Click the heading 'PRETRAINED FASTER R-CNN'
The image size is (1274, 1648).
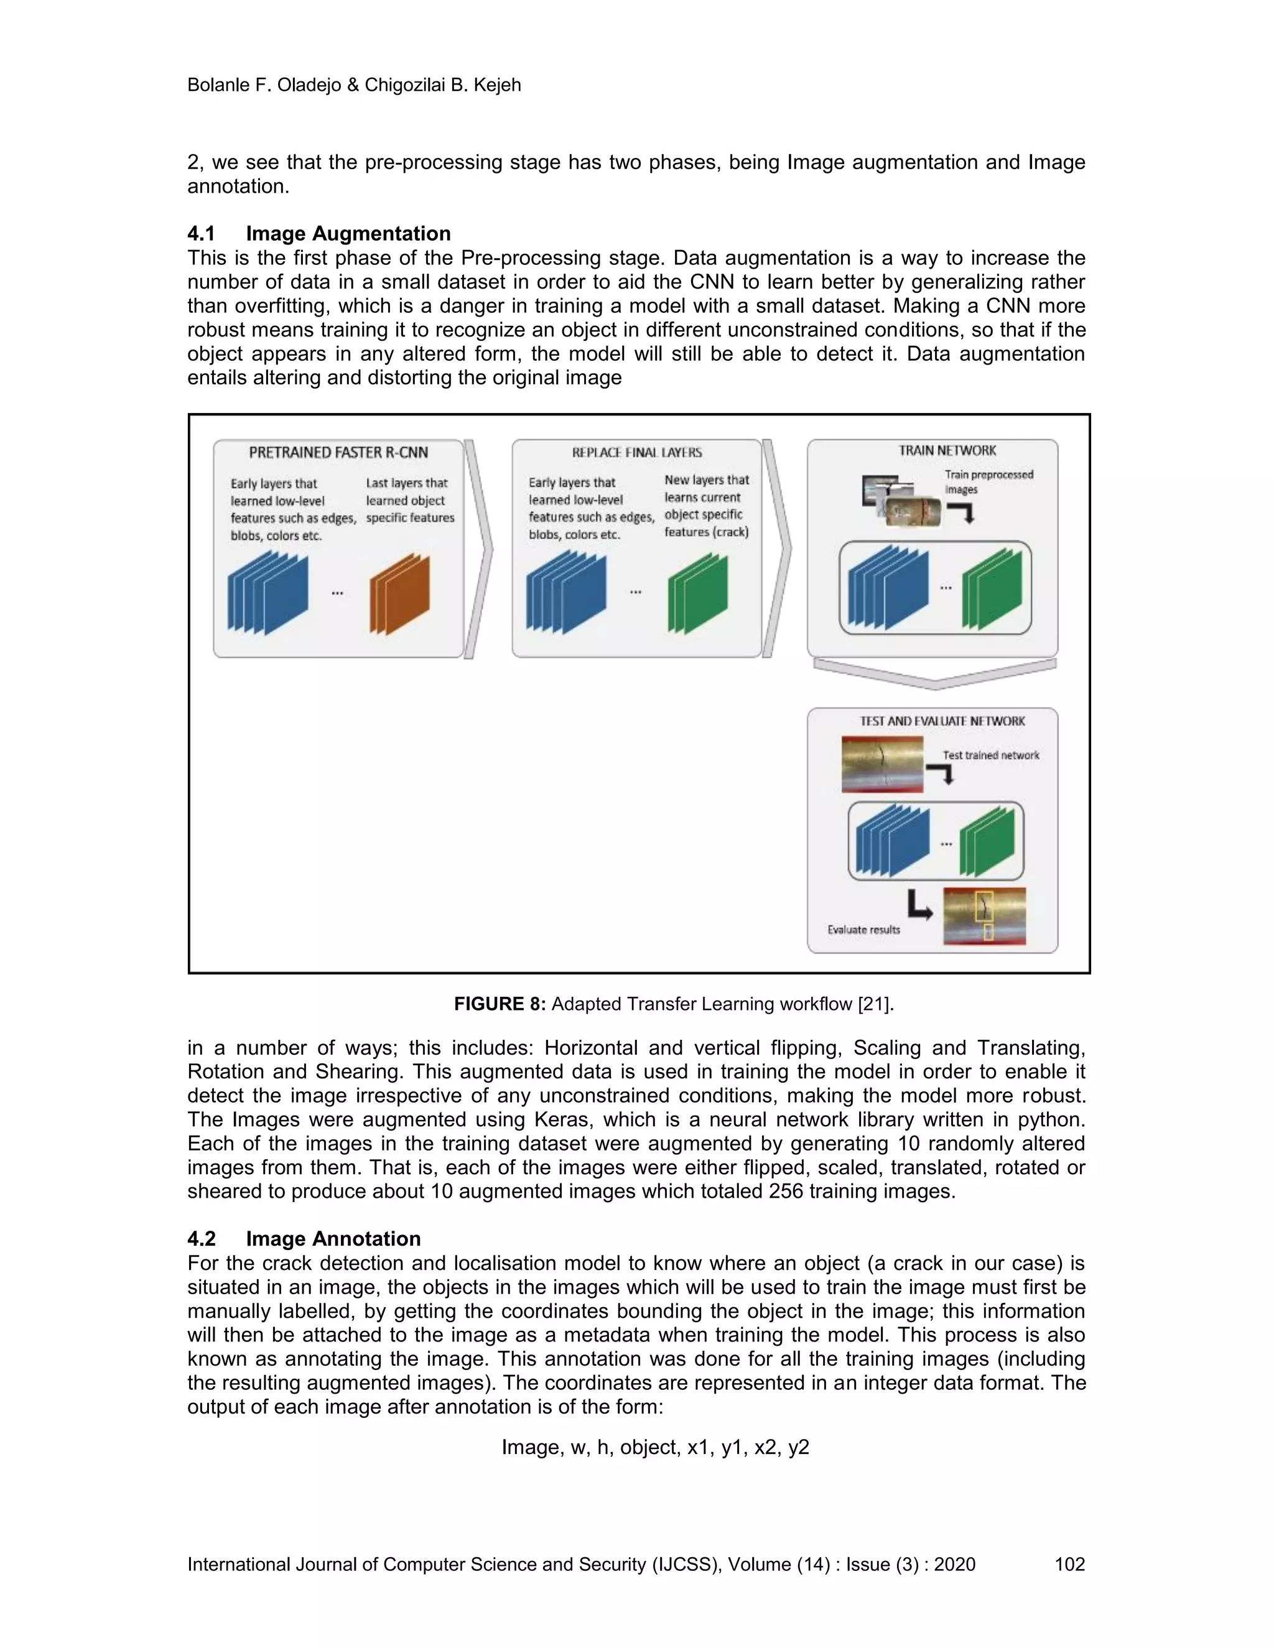pyautogui.click(x=338, y=453)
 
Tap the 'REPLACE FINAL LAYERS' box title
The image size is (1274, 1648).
pyautogui.click(x=637, y=453)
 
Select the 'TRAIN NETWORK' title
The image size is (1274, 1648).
pyautogui.click(x=947, y=450)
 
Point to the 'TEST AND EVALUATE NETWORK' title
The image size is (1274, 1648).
pyautogui.click(x=942, y=721)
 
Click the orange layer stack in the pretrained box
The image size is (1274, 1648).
pyautogui.click(x=399, y=594)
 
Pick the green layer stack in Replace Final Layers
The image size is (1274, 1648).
pyautogui.click(x=697, y=593)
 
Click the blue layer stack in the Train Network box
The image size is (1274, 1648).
pyautogui.click(x=888, y=586)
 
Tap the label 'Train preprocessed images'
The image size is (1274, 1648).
pyautogui.click(x=988, y=481)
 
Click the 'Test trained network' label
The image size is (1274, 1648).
pyautogui.click(x=990, y=756)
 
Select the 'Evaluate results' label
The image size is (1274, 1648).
pyautogui.click(x=863, y=930)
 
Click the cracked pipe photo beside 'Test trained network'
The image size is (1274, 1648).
pyautogui.click(x=882, y=764)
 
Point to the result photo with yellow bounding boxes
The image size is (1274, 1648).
pyautogui.click(x=984, y=916)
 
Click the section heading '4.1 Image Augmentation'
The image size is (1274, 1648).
pyautogui.click(x=319, y=233)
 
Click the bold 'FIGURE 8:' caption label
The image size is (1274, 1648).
pyautogui.click(x=500, y=1004)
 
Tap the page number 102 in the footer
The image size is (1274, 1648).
pyautogui.click(x=1069, y=1564)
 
